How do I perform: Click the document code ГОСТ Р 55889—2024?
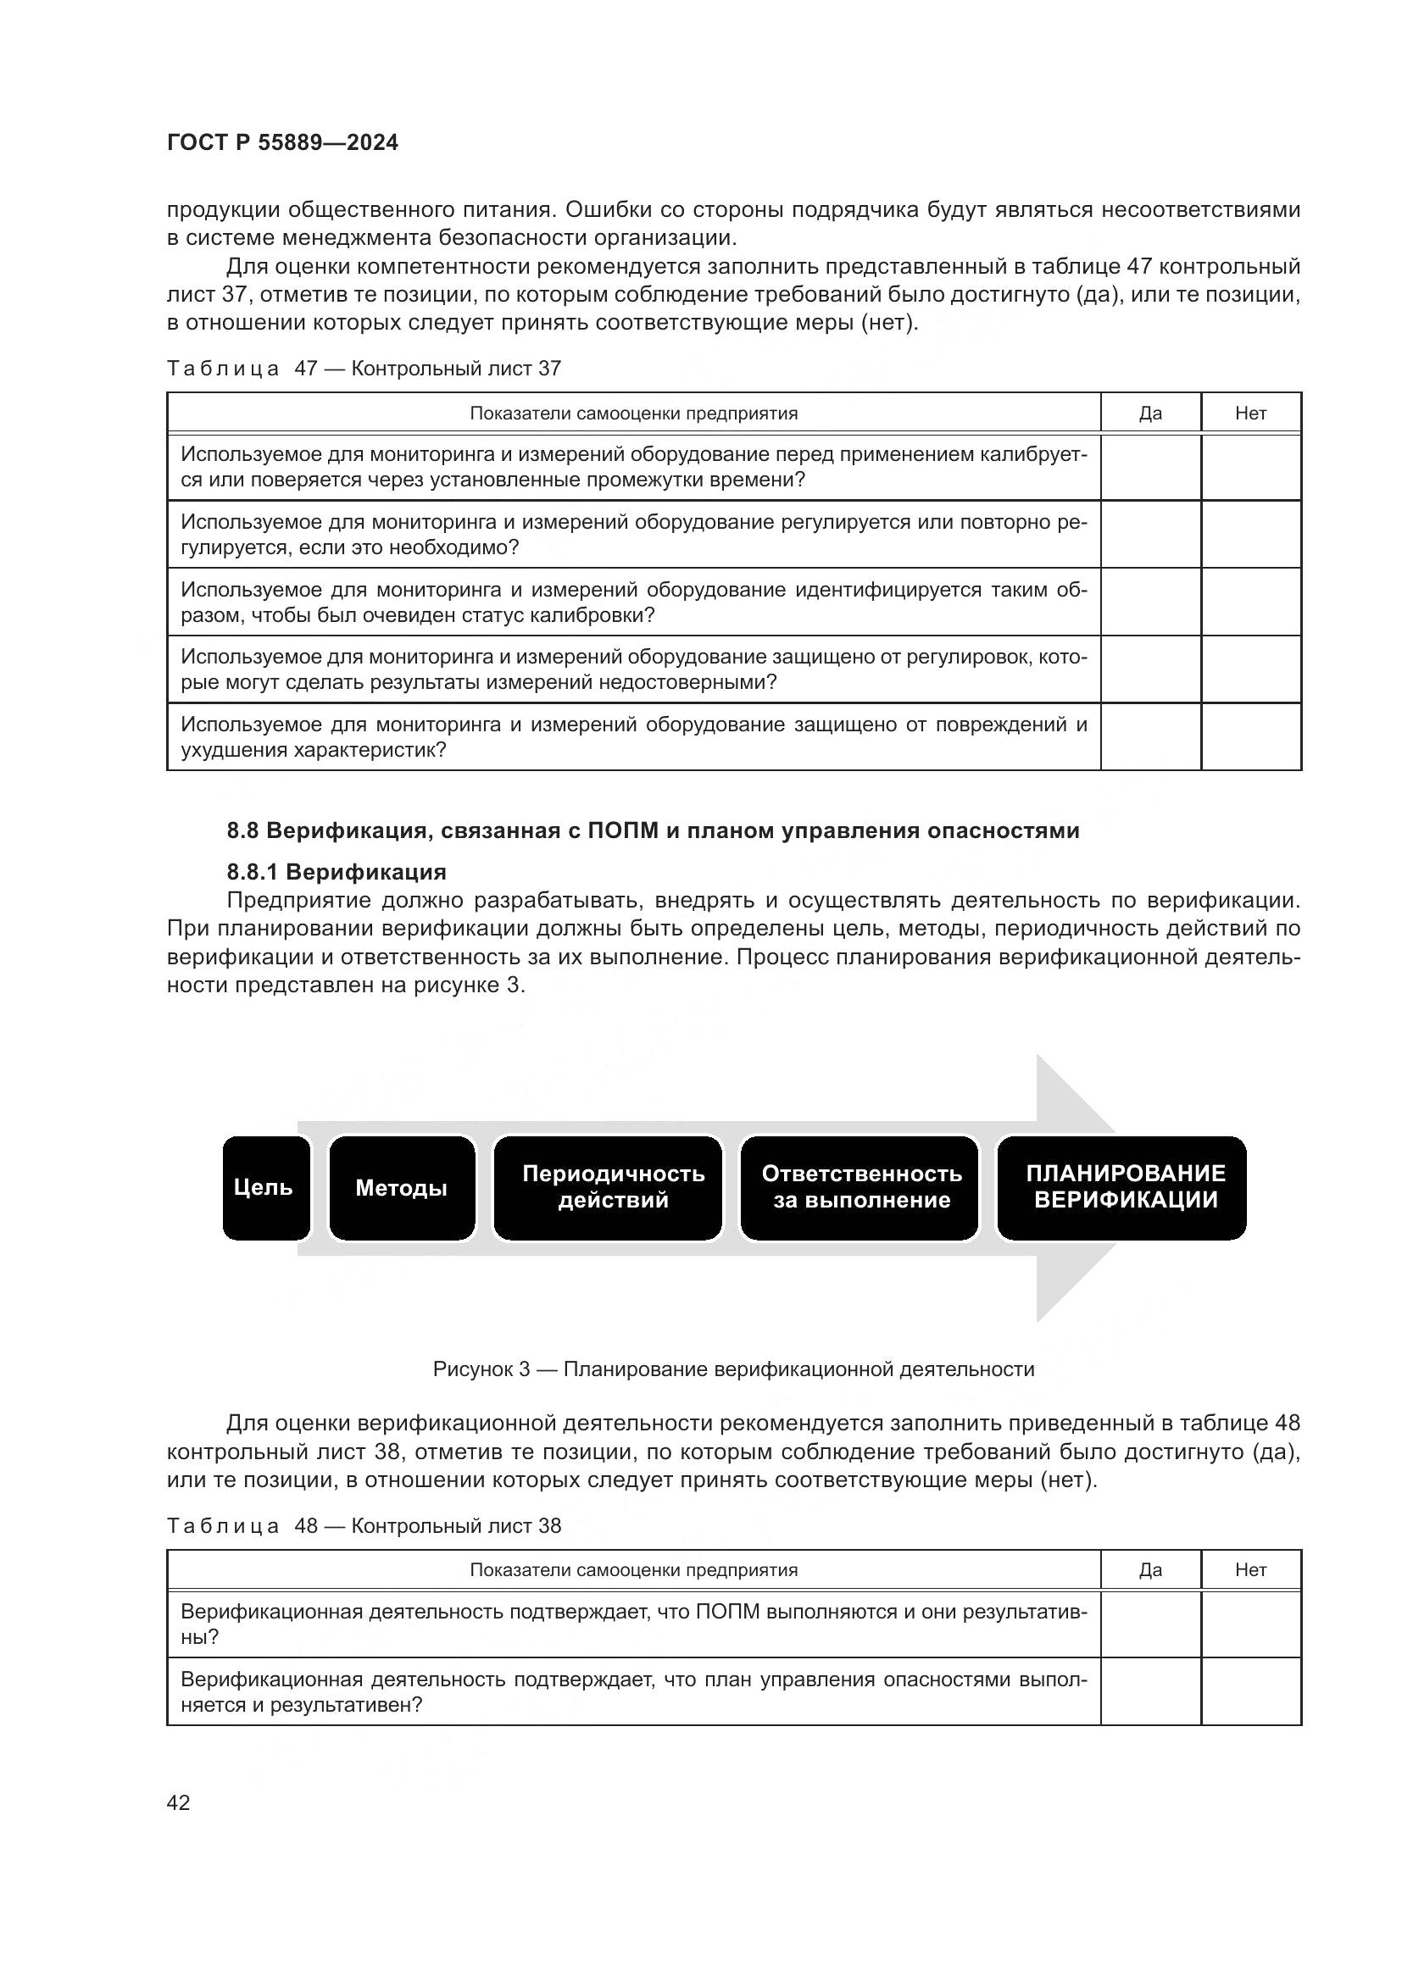coord(282,143)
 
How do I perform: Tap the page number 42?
coord(178,1802)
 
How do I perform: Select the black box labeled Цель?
coord(265,1188)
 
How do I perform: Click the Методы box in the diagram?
coord(402,1188)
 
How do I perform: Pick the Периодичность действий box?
coord(608,1188)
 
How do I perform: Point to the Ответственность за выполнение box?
coord(860,1188)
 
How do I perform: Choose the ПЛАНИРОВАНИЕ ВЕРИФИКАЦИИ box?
coord(1122,1188)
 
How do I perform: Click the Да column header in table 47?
coord(1150,414)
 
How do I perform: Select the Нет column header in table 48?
coord(1250,1570)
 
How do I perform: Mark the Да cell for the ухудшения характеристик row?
coord(1150,736)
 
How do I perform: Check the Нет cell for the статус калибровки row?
coord(1250,602)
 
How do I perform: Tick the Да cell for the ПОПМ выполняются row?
coord(1150,1624)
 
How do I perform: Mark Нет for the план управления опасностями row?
coord(1250,1691)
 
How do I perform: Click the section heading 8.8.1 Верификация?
coord(337,872)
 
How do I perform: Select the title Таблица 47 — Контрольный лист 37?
coord(364,369)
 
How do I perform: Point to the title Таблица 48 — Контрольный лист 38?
coord(364,1525)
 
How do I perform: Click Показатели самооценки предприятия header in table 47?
coord(633,414)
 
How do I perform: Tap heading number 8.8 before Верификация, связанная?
coord(242,830)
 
